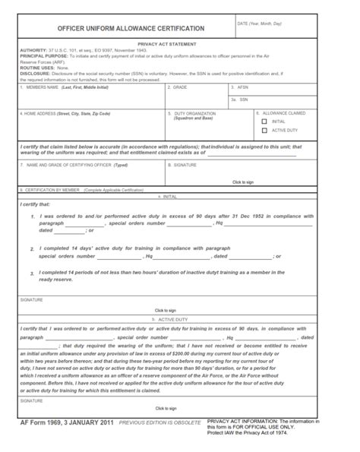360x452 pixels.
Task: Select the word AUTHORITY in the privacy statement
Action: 33,50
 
